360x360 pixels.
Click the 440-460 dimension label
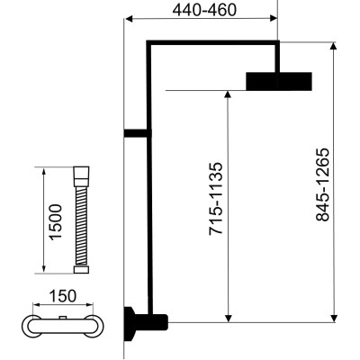(204, 10)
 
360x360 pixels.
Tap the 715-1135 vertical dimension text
(216, 199)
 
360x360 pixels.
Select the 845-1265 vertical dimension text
(323, 184)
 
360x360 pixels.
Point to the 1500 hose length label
(56, 222)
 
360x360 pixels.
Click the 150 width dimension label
(63, 296)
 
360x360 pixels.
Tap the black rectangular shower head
(279, 81)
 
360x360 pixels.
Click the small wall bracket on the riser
(136, 133)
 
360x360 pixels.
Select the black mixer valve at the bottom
(146, 323)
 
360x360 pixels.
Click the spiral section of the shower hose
(81, 226)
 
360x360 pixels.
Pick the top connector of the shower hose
(81, 176)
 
